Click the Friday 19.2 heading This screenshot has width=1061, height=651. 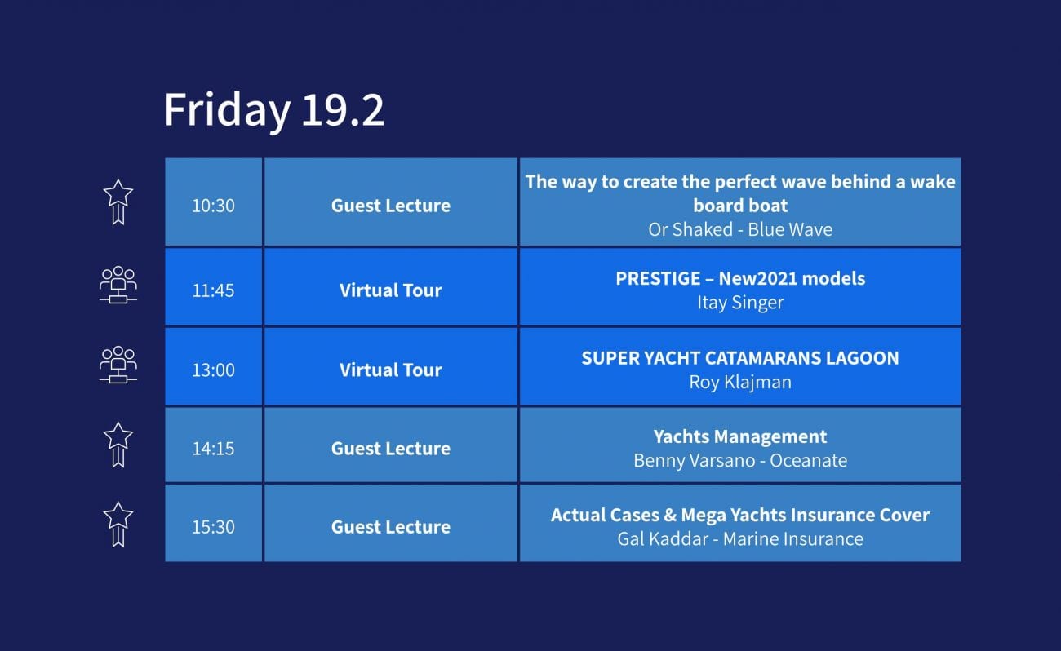tap(273, 110)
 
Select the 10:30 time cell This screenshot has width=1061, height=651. tap(213, 206)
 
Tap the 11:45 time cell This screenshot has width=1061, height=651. tap(213, 290)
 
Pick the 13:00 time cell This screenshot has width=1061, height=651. tap(213, 370)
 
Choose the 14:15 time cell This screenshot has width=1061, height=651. tap(213, 449)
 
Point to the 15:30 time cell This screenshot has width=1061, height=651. tap(213, 527)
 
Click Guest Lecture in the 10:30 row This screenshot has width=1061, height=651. tap(391, 206)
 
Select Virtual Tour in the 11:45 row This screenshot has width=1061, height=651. tap(391, 290)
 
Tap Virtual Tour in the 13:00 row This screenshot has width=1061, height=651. tap(391, 370)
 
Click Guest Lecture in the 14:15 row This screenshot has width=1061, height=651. tap(391, 449)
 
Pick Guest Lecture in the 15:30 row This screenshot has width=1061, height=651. tap(391, 527)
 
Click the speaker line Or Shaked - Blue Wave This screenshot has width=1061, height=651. tap(740, 229)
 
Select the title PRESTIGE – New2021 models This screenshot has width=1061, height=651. tap(740, 278)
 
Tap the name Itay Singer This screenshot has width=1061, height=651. tap(740, 303)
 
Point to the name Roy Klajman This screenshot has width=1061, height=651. tap(740, 383)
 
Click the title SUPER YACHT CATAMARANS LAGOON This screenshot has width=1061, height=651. tap(740, 358)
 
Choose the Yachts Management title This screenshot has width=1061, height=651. tap(740, 436)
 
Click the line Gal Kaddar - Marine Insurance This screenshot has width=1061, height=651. tap(740, 538)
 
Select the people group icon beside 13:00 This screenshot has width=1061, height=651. tap(118, 365)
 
